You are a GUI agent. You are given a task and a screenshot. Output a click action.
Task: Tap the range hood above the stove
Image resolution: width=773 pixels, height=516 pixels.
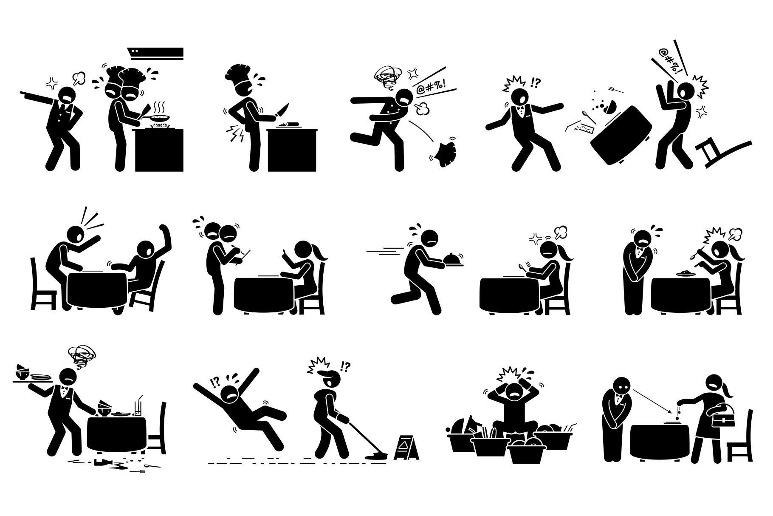(x=156, y=53)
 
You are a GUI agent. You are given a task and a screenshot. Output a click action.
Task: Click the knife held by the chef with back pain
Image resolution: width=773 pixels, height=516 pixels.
(x=282, y=109)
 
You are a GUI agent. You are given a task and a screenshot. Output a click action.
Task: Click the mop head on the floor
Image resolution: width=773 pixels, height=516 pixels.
(x=377, y=456)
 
